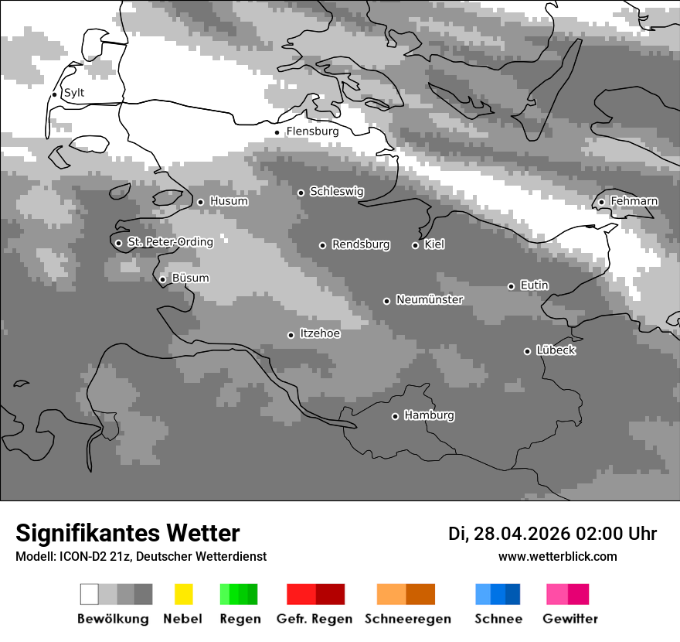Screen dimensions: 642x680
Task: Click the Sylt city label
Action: click(x=74, y=93)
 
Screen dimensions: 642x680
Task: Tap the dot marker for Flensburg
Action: click(x=277, y=132)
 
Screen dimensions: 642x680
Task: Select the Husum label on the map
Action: click(x=229, y=201)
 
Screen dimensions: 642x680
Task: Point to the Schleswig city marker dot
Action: click(x=301, y=193)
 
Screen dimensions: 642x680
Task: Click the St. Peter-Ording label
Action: click(x=170, y=242)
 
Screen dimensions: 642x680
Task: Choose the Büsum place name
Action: click(x=190, y=278)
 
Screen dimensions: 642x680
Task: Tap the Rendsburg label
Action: click(x=361, y=244)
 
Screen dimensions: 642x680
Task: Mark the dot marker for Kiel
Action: click(x=415, y=245)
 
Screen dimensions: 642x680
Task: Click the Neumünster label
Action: click(x=430, y=299)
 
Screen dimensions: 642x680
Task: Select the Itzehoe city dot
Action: click(x=291, y=335)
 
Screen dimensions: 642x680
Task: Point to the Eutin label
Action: click(x=534, y=285)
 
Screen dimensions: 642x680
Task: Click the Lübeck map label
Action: click(x=556, y=350)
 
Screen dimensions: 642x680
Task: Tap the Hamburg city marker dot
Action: click(x=395, y=416)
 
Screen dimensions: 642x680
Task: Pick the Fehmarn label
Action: click(x=634, y=201)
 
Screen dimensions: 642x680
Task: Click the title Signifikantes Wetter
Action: click(x=127, y=533)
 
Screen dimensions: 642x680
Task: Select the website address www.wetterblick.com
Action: click(x=557, y=556)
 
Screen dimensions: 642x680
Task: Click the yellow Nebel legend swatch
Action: click(x=183, y=594)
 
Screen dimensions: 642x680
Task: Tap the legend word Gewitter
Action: click(x=570, y=619)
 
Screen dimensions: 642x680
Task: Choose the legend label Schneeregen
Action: click(x=408, y=619)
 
